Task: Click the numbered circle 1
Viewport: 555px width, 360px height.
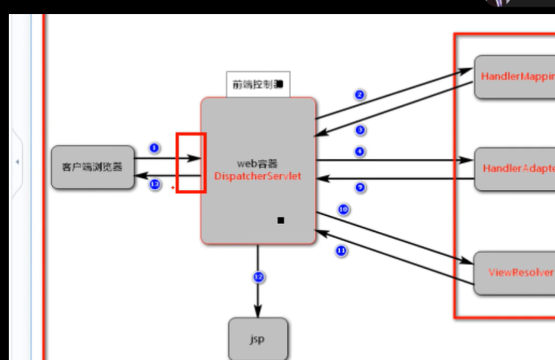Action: (x=154, y=148)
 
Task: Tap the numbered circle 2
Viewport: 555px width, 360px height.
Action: (x=359, y=95)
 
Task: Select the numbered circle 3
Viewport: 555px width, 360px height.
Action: (x=361, y=130)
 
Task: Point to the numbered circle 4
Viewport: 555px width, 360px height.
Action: (x=360, y=151)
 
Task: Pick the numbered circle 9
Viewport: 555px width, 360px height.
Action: (x=361, y=187)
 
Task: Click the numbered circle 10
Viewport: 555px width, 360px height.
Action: (x=343, y=210)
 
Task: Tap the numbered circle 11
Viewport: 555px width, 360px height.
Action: (x=341, y=251)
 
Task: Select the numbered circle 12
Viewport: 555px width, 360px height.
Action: (x=259, y=277)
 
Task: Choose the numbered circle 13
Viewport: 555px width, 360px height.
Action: (x=154, y=184)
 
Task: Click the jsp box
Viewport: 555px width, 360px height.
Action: (x=257, y=339)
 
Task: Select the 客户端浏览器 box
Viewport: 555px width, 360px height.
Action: (x=93, y=166)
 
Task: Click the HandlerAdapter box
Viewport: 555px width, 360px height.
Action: (x=514, y=169)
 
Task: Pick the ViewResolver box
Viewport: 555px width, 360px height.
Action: (x=514, y=273)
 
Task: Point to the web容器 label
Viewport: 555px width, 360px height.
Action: (x=257, y=163)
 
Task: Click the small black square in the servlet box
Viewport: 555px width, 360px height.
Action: (x=281, y=220)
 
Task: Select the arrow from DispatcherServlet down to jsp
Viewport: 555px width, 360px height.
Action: (x=258, y=296)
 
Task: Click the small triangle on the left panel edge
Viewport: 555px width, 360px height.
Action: (x=17, y=161)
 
